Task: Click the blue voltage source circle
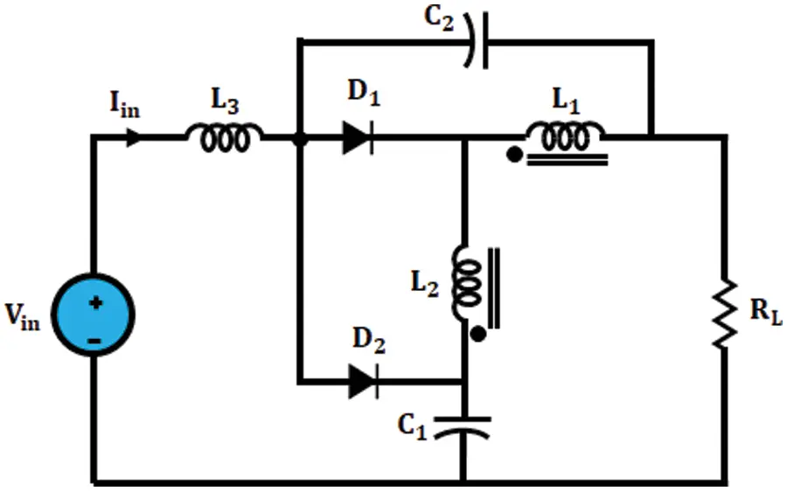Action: click(94, 315)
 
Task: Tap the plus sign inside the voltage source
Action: click(96, 303)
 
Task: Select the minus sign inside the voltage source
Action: click(94, 341)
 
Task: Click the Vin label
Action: click(22, 317)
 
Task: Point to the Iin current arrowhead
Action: click(134, 136)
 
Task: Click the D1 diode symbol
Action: click(358, 137)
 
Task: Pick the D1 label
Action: click(364, 93)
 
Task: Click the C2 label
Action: click(439, 18)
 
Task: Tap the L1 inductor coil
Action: click(565, 136)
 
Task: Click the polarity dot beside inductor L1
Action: click(514, 155)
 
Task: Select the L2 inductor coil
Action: click(467, 283)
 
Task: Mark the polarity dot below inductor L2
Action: click(477, 334)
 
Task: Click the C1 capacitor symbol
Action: click(463, 428)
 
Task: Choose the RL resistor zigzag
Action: click(725, 314)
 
